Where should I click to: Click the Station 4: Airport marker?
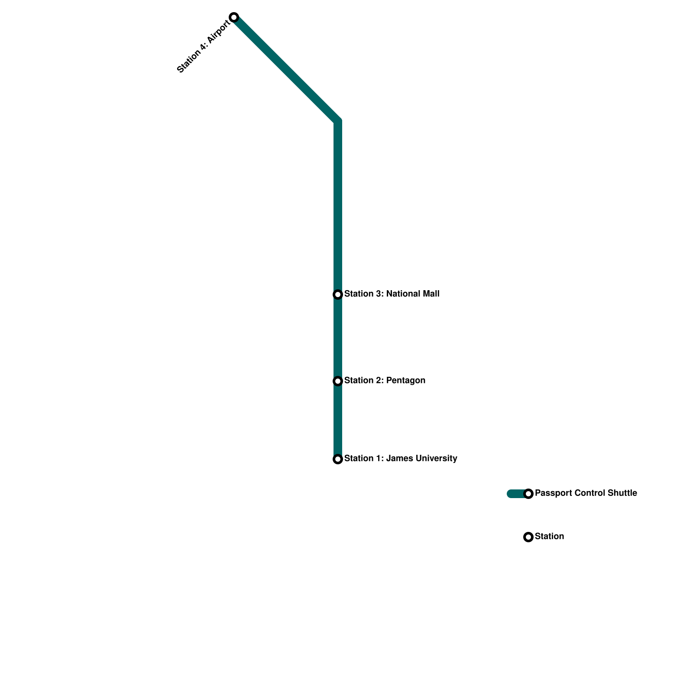234,17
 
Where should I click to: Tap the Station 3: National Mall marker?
338,295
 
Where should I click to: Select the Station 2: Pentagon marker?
338,381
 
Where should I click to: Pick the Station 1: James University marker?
338,459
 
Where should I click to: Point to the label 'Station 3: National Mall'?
392,294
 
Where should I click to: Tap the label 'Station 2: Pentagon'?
385,381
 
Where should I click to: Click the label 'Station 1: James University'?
401,459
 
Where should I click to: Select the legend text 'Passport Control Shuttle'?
586,493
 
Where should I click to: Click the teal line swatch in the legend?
515,494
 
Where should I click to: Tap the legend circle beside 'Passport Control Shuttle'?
528,494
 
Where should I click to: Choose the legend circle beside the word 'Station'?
528,537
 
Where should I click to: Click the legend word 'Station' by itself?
549,537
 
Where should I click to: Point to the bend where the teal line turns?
338,121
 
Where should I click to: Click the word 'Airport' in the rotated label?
218,32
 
